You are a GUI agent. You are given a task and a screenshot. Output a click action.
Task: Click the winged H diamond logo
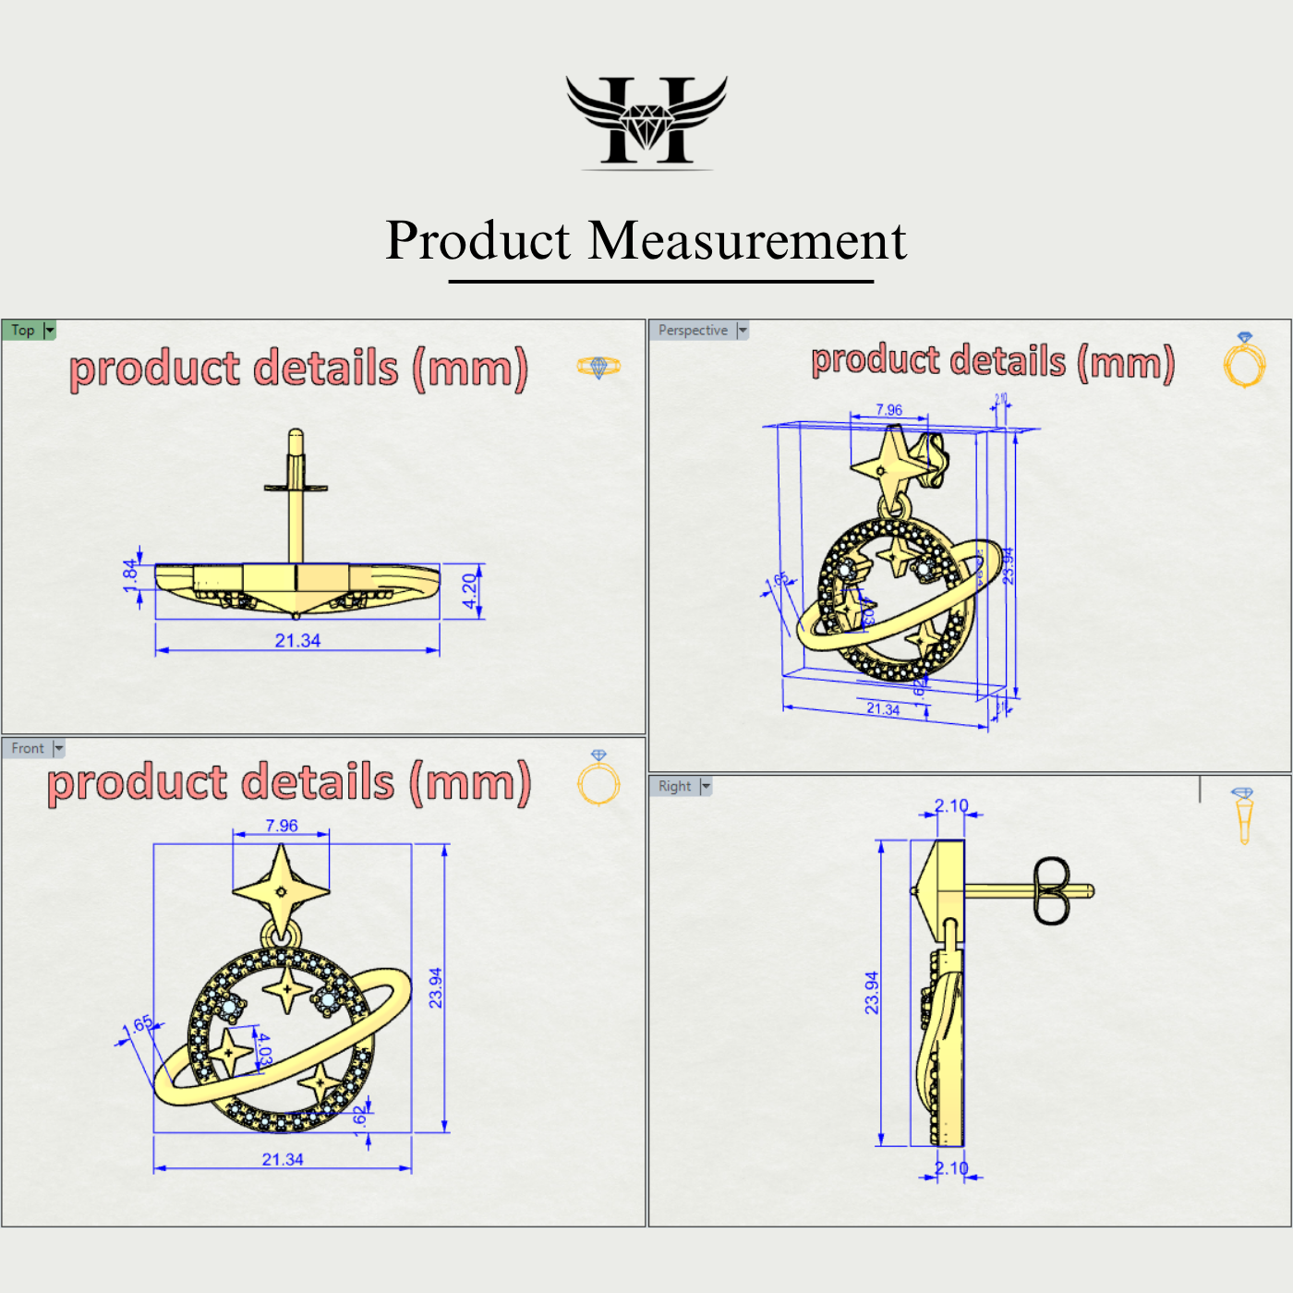pos(646,122)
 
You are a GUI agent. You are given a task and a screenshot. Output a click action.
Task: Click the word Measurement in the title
pos(747,241)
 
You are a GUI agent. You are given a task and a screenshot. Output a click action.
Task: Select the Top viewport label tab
pos(23,331)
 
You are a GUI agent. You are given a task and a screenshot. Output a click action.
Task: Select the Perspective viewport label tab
pos(693,331)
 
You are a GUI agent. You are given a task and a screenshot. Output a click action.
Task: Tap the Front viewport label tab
pos(28,748)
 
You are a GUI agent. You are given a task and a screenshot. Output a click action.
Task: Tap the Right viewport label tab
pos(674,786)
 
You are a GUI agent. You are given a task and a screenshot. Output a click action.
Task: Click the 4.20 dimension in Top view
pos(470,591)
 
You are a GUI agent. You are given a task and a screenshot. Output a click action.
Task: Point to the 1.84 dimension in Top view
pos(130,574)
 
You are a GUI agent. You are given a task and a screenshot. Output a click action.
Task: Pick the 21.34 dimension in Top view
pos(297,640)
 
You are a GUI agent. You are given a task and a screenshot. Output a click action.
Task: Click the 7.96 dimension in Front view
pos(282,826)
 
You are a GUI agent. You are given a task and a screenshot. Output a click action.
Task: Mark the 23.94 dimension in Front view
pos(436,987)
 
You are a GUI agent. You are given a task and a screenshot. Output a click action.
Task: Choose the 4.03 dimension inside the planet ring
pos(263,1050)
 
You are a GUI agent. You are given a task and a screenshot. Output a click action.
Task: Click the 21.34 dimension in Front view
pos(283,1159)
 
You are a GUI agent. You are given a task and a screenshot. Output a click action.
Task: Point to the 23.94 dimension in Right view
pos(872,993)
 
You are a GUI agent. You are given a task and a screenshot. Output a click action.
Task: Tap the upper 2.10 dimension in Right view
pos(951,805)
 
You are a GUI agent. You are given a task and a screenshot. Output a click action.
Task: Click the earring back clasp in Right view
pos(1051,890)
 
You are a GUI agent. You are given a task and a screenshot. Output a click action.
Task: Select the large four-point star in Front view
pos(281,890)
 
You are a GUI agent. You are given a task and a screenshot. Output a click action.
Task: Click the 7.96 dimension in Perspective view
pos(888,410)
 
